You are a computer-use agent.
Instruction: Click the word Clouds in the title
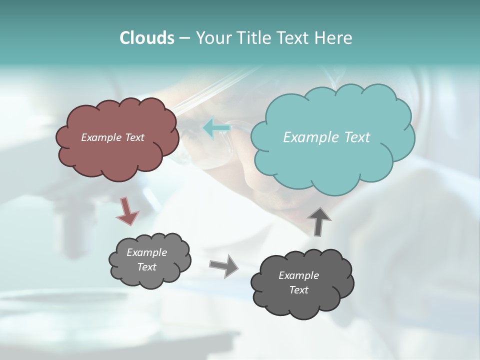tap(146, 38)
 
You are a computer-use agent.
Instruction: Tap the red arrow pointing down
tap(127, 211)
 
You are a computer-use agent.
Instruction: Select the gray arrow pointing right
tap(224, 265)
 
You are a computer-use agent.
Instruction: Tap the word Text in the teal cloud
tap(357, 137)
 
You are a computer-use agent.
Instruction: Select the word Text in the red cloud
tap(134, 137)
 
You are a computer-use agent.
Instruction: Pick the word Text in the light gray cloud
tap(147, 267)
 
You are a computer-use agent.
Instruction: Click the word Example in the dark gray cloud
tap(298, 275)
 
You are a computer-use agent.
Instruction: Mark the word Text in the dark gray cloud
tap(298, 290)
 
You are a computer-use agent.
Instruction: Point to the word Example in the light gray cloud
tap(147, 252)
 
